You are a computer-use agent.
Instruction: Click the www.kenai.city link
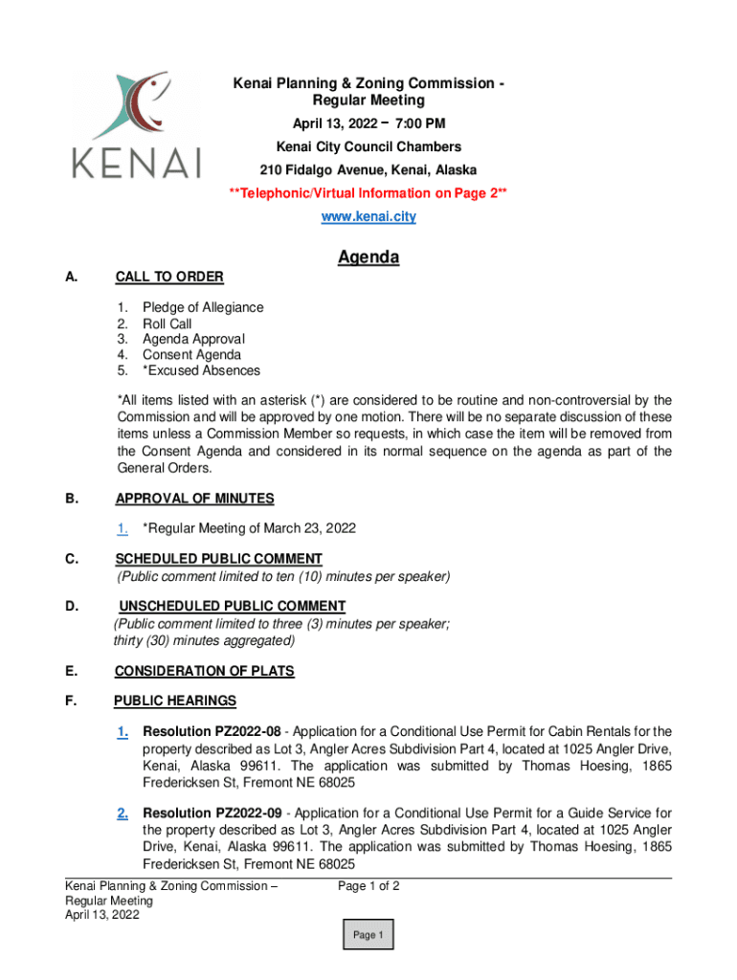368,217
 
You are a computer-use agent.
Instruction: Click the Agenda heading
368,257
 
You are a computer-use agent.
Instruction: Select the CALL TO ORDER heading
169,278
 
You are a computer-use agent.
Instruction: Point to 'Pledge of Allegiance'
203,308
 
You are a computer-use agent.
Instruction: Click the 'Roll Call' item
167,323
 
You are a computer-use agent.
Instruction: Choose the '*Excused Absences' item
201,370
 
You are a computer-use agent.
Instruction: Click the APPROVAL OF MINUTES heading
194,499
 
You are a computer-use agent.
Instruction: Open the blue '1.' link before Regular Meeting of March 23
123,528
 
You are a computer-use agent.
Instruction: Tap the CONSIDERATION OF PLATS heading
204,672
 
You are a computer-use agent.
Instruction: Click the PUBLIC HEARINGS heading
175,702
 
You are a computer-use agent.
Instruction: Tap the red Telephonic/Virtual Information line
368,194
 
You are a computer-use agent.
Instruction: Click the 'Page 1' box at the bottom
368,935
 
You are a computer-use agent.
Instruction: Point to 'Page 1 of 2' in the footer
368,886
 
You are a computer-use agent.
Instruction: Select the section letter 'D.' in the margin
72,606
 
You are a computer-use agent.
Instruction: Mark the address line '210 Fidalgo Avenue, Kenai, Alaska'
368,170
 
